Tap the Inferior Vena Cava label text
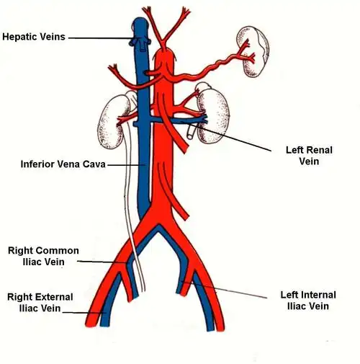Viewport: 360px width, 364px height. point(63,164)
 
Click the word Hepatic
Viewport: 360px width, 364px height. point(19,36)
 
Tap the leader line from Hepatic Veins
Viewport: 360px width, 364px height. point(101,37)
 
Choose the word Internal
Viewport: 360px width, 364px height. point(321,295)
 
